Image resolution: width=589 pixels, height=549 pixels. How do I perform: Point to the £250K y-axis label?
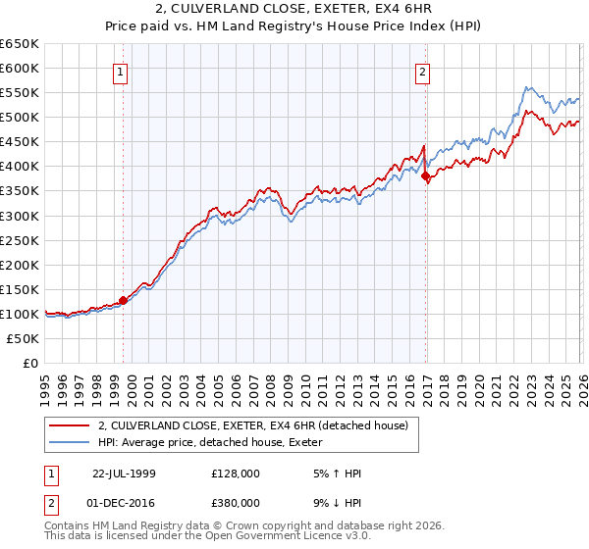pyautogui.click(x=20, y=240)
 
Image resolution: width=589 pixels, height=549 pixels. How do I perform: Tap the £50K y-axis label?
pyautogui.click(x=24, y=338)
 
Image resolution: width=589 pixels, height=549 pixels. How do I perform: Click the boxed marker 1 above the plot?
pyautogui.click(x=120, y=72)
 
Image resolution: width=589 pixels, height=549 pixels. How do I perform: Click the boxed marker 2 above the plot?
pyautogui.click(x=422, y=72)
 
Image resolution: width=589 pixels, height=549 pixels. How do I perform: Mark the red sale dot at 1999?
pyautogui.click(x=124, y=300)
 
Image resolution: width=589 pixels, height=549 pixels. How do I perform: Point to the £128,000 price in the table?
pyautogui.click(x=236, y=472)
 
